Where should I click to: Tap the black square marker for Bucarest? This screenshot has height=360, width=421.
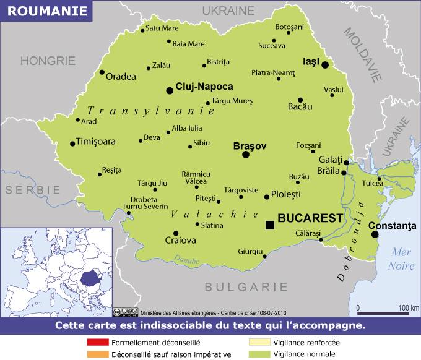270,225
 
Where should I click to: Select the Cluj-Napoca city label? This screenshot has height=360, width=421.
204,87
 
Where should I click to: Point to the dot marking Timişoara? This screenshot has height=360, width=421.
72,144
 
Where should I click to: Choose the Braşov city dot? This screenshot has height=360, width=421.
246,154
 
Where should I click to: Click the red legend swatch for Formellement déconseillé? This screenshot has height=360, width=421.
98,343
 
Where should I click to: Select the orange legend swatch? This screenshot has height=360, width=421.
98,354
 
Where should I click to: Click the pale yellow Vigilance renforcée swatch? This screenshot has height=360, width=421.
259,343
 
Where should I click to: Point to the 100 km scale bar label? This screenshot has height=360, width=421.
409,307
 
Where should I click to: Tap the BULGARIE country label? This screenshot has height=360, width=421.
246,287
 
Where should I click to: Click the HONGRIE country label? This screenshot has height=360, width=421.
48,61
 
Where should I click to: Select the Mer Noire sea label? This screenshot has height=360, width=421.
401,259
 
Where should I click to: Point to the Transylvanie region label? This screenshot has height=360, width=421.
150,111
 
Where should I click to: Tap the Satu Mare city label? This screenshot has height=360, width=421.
162,28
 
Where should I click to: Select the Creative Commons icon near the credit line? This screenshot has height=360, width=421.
117,312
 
